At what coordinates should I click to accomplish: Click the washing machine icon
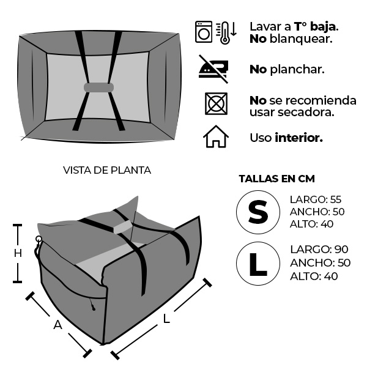point(204,32)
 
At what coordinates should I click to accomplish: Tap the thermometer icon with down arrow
point(226,33)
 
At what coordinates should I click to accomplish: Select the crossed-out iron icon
point(213,69)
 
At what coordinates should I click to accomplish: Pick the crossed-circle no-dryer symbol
point(216,104)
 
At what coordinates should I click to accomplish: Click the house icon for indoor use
point(215,136)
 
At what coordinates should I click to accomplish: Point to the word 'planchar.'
point(297,70)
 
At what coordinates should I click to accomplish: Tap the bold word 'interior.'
point(298,138)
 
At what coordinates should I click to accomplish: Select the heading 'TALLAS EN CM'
point(276,179)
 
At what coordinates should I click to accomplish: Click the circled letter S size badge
point(258,212)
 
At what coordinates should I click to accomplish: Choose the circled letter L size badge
point(258,264)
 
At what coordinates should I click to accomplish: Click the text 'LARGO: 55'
point(316,199)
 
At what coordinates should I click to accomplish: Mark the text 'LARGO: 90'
point(319,250)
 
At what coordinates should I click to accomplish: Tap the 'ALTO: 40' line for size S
point(311,224)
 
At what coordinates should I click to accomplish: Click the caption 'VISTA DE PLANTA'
point(107,170)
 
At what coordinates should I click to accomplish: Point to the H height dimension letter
point(18,253)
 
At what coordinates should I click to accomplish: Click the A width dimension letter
point(57,325)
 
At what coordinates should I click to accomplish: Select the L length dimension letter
point(166,319)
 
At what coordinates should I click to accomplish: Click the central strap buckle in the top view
point(98,87)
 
